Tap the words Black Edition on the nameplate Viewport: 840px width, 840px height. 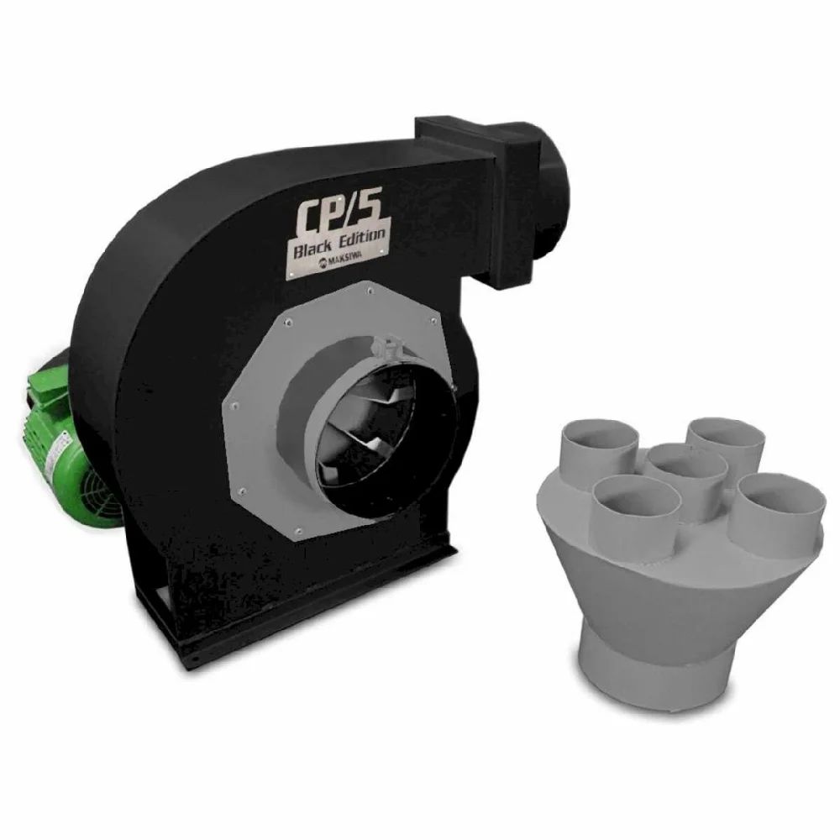[x=339, y=241]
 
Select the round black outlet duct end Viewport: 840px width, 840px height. [x=552, y=198]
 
